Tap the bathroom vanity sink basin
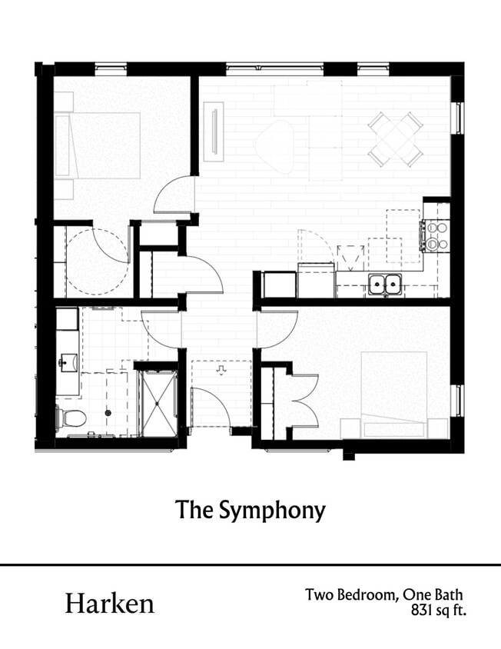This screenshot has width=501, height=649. click(x=68, y=361)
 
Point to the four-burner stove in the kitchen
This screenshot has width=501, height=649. click(x=436, y=236)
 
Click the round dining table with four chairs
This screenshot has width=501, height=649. click(x=395, y=139)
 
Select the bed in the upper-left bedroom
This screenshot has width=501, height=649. click(x=98, y=146)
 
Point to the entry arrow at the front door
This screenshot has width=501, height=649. click(x=221, y=370)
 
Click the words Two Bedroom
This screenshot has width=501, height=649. click(x=348, y=595)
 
